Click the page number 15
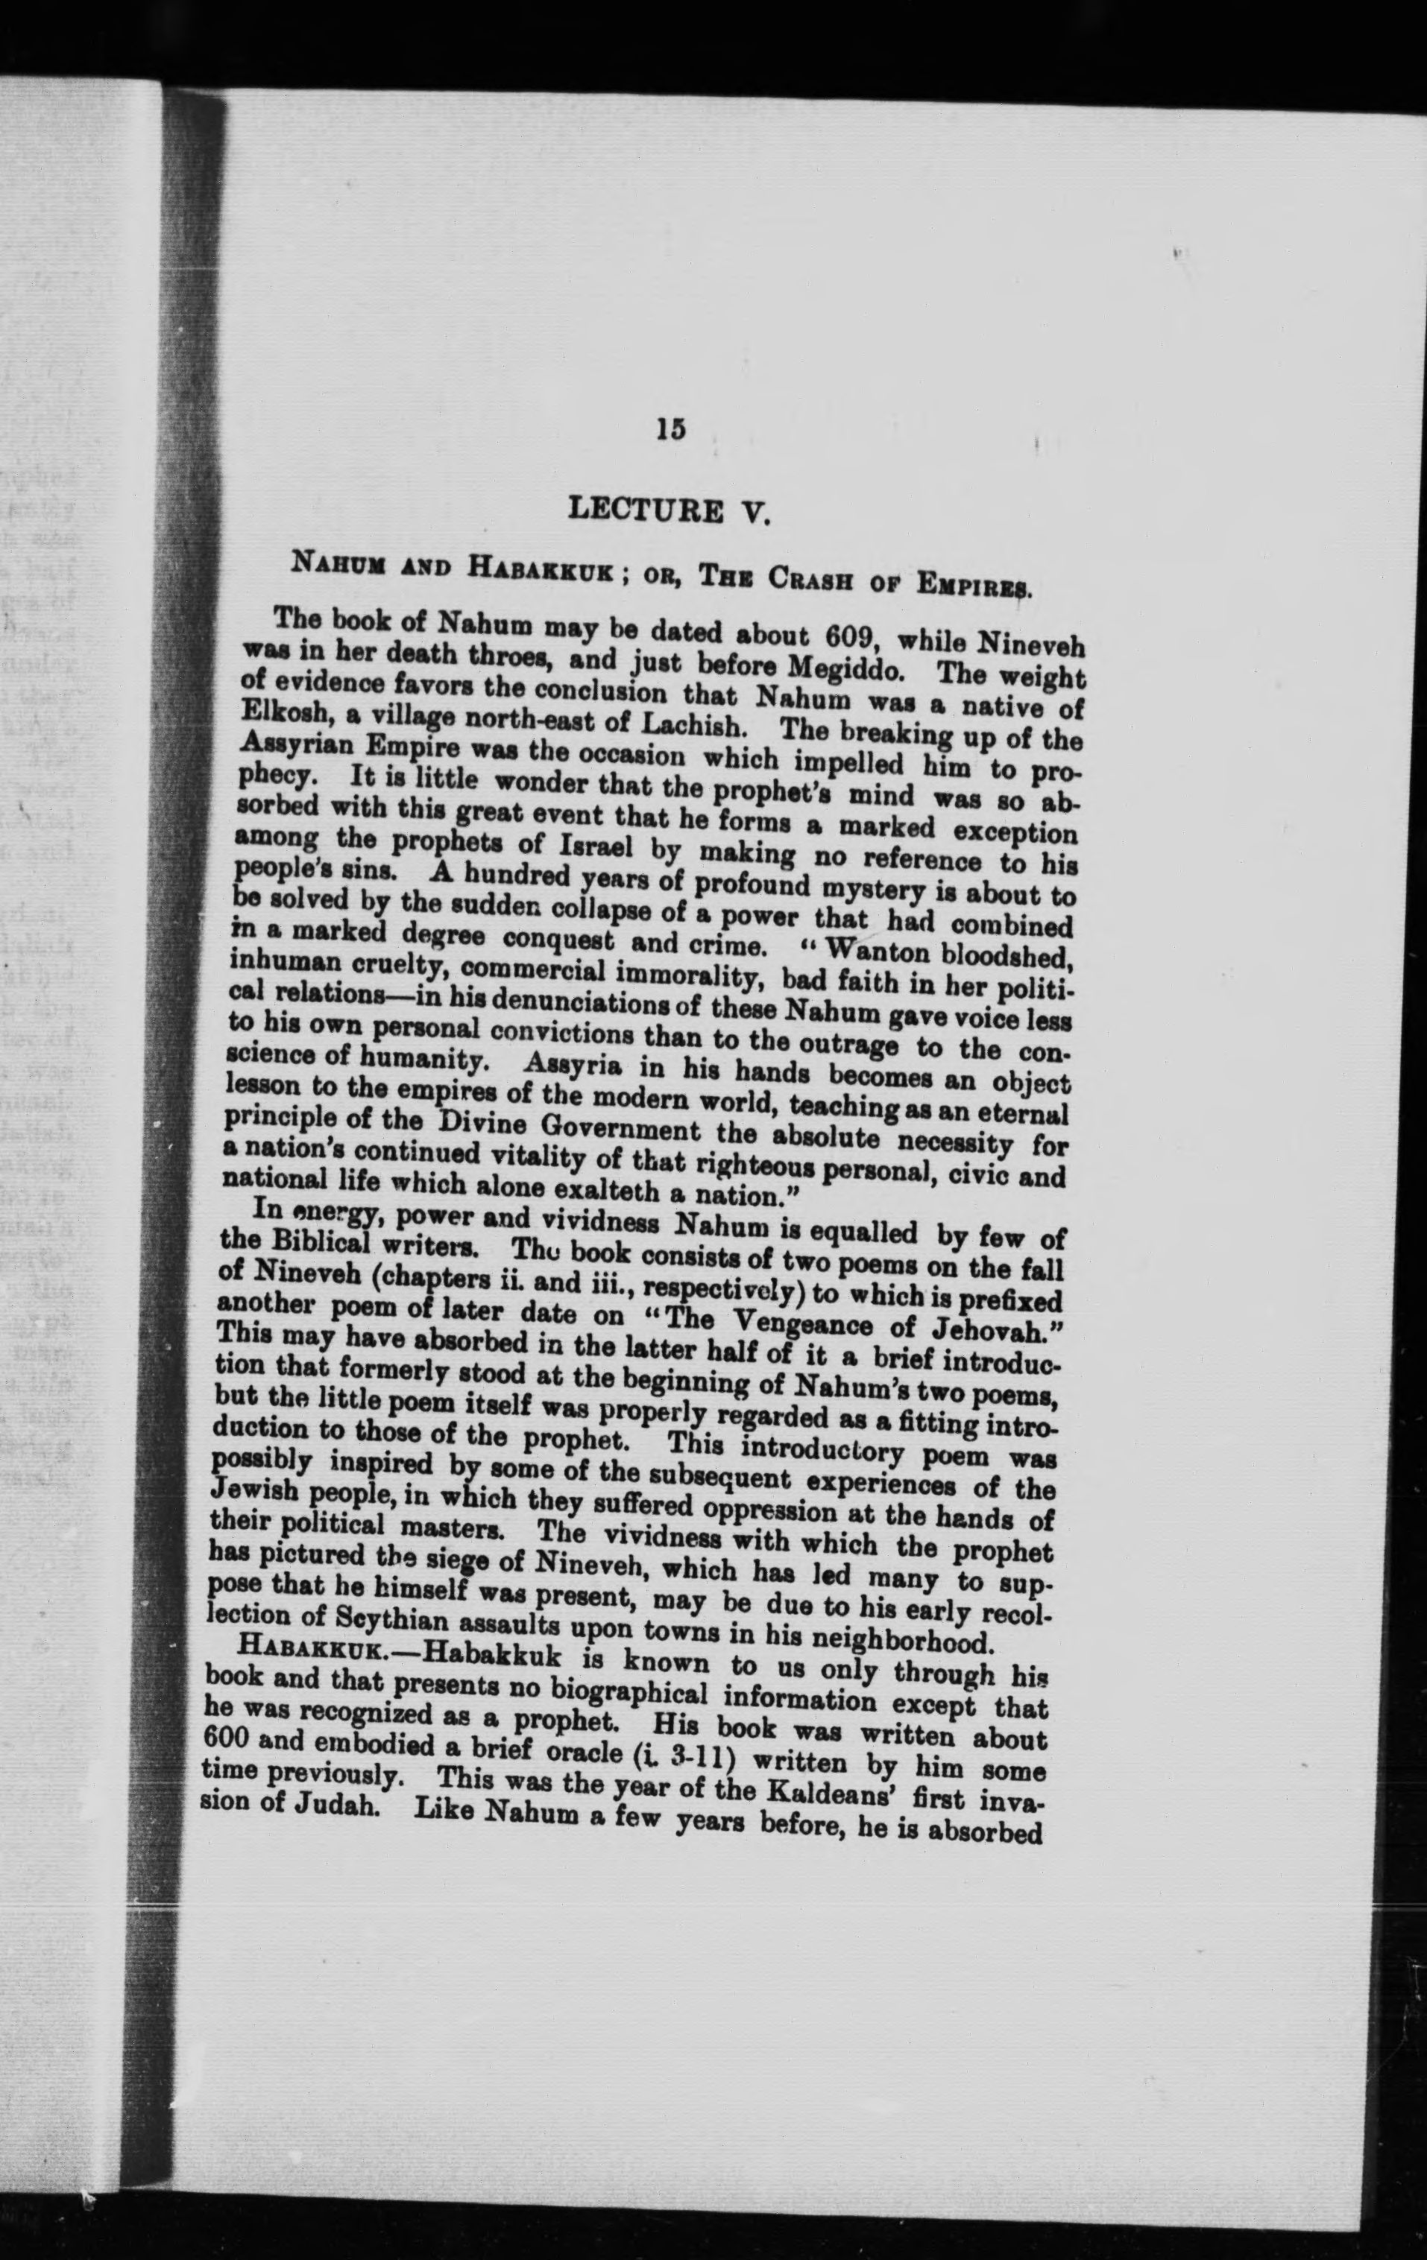tap(671, 429)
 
